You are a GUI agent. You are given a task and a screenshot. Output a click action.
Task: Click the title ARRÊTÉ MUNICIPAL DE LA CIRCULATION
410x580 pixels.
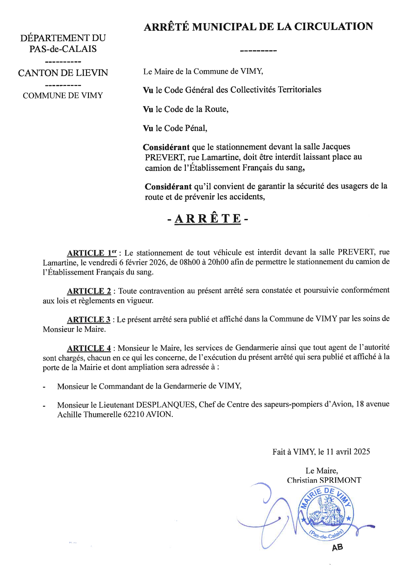coord(258,26)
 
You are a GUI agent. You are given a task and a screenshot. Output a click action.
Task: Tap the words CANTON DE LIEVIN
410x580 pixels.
coord(63,73)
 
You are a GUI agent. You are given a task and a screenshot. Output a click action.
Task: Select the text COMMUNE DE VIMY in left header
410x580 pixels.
coord(63,96)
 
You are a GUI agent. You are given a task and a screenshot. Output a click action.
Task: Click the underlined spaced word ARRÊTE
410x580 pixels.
coord(208,219)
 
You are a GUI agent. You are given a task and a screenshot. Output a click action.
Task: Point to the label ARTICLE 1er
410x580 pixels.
coord(92,253)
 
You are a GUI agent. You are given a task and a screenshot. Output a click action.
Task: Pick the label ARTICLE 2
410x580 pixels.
coord(89,291)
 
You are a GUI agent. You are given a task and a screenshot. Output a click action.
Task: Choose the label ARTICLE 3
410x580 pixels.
coord(89,320)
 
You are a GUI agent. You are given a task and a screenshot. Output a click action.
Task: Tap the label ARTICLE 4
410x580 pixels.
coord(89,348)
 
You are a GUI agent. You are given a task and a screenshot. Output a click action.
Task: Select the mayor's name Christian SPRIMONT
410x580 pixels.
coord(324,480)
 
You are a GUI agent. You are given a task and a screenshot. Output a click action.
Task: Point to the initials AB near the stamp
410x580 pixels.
coord(337,548)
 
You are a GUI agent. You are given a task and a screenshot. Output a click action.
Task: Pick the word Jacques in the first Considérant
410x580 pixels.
coord(336,146)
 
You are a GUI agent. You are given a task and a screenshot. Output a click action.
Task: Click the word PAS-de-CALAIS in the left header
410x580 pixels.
coord(63,49)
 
